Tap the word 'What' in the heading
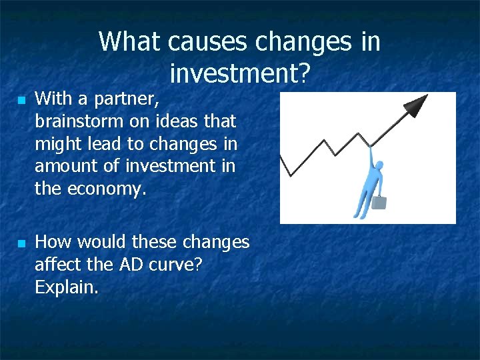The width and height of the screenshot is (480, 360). [x=129, y=42]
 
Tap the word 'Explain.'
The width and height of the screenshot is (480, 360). [x=66, y=287]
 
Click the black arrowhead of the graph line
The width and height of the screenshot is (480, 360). [x=417, y=105]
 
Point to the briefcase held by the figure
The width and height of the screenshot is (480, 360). [x=379, y=201]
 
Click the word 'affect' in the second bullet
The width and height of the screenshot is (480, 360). [x=56, y=265]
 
